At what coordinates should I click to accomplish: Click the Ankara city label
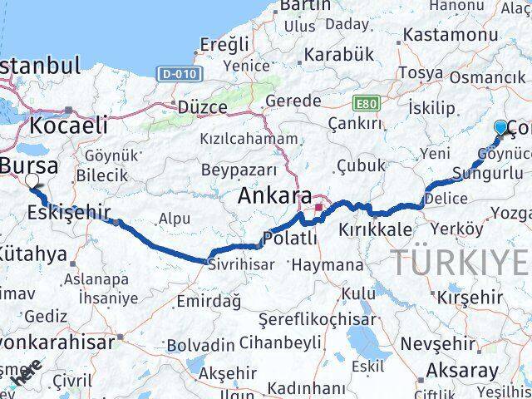click(x=273, y=197)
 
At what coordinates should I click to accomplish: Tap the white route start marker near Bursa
click(x=32, y=180)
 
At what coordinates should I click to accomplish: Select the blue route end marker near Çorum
click(x=500, y=127)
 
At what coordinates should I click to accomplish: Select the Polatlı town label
click(x=290, y=239)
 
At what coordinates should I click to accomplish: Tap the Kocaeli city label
click(x=69, y=126)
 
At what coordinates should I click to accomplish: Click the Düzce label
click(x=202, y=106)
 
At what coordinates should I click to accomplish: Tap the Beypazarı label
click(x=239, y=170)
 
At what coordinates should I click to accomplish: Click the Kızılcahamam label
click(x=254, y=139)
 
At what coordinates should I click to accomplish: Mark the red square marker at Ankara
click(x=318, y=197)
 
